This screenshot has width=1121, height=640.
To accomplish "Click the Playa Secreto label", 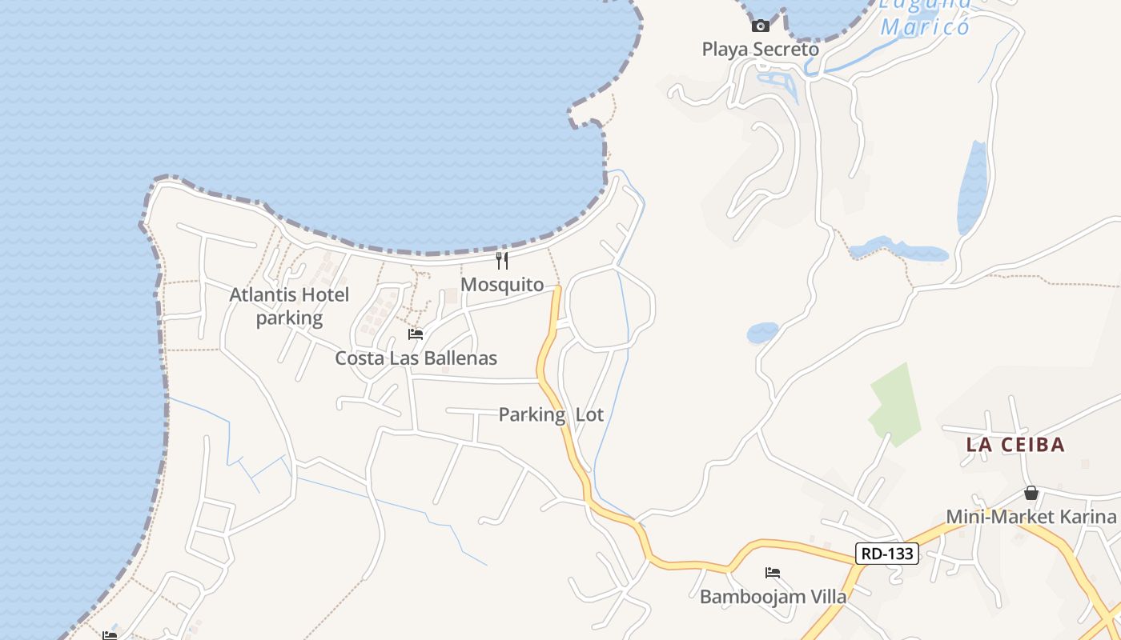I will [x=760, y=50].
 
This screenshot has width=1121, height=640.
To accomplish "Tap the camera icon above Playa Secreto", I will [x=761, y=26].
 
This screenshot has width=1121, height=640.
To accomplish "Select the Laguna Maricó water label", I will [x=925, y=18].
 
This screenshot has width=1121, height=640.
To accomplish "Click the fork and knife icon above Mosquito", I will [x=502, y=260].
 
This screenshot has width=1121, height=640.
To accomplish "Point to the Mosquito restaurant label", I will [x=502, y=285].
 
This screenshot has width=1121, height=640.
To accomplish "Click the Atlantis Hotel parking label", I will [x=289, y=306].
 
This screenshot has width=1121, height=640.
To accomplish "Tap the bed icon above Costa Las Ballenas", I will [x=415, y=334].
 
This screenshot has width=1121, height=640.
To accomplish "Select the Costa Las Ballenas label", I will [x=416, y=358].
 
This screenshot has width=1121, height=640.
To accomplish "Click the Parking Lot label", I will [x=551, y=414].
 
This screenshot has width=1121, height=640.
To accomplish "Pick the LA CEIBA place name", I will [x=1015, y=445].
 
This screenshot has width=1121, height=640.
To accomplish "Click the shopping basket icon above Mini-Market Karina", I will [x=1031, y=493].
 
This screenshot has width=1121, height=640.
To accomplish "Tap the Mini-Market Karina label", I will [x=1031, y=517].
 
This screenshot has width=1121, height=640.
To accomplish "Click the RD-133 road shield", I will [x=886, y=553].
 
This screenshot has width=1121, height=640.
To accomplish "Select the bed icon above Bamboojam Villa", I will [x=773, y=573].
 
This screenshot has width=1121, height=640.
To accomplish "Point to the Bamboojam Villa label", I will [x=773, y=597].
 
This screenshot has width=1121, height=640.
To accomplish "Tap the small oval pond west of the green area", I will [x=762, y=333].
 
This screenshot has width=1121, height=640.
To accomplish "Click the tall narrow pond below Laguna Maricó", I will [x=972, y=189].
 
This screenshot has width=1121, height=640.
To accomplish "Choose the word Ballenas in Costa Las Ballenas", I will [x=460, y=358].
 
